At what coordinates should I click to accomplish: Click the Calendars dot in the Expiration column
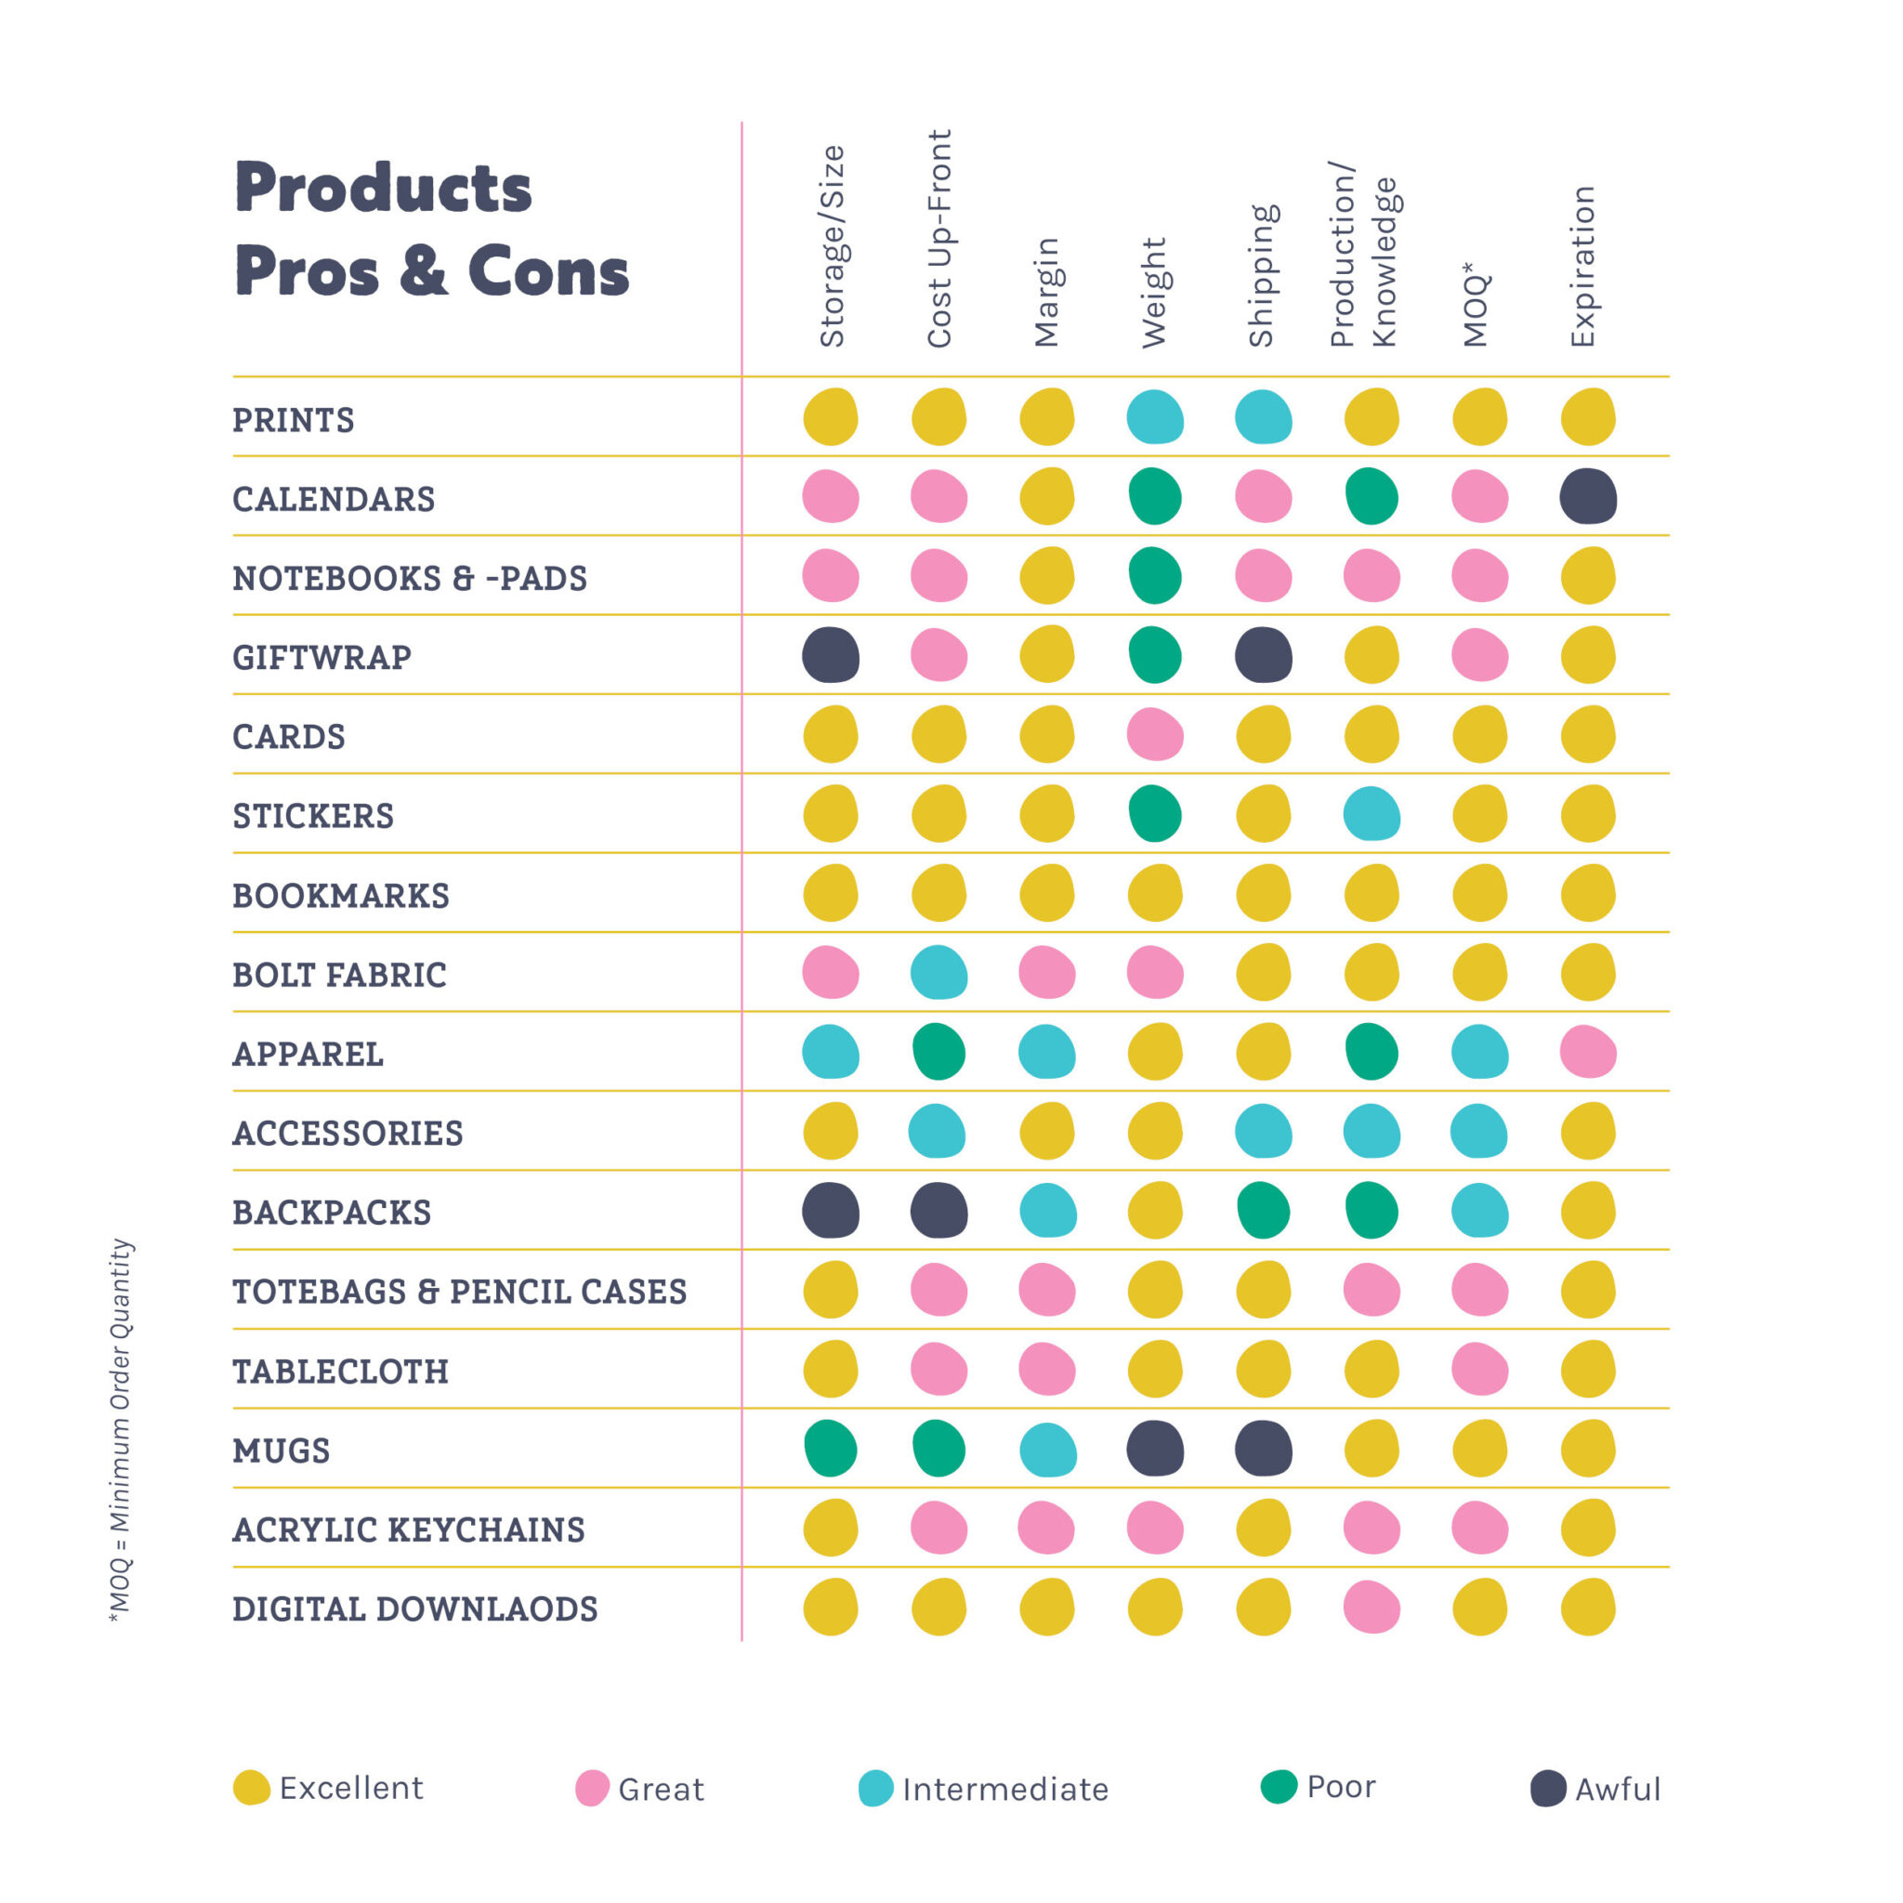tap(1588, 496)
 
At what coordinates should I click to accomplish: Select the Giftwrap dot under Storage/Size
tap(831, 655)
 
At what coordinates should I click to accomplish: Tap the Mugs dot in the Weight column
tap(1154, 1449)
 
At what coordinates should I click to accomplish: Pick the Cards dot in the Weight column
tap(1154, 735)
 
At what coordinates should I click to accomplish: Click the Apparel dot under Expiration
tap(1588, 1052)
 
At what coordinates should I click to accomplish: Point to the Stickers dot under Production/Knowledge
tap(1371, 814)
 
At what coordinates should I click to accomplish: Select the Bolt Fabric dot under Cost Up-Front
tap(938, 973)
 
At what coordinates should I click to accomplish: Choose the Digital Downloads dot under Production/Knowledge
tap(1371, 1608)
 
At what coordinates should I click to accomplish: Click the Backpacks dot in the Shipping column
tap(1263, 1211)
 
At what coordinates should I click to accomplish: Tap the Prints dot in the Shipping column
tap(1263, 416)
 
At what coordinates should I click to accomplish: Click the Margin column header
tap(1046, 293)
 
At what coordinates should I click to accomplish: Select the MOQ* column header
tap(1475, 306)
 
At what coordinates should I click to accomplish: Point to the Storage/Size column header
tap(833, 246)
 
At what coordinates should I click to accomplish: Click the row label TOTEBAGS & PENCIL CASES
tap(459, 1292)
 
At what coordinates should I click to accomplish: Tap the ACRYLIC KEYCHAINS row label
tap(409, 1529)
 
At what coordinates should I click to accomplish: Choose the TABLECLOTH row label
tap(341, 1371)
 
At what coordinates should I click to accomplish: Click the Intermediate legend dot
tap(875, 1789)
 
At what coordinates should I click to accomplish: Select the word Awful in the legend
tap(1618, 1790)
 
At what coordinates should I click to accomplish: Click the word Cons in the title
tap(547, 272)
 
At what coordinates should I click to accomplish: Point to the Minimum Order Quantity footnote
tap(120, 1429)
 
